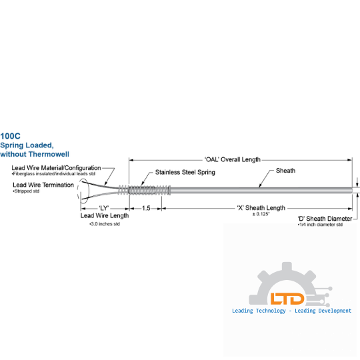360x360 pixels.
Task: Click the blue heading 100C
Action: pyautogui.click(x=10, y=136)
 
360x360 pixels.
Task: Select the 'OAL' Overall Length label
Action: pyautogui.click(x=233, y=159)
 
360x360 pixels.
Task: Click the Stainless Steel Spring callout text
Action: pyautogui.click(x=185, y=172)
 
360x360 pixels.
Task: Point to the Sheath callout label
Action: pyautogui.click(x=285, y=171)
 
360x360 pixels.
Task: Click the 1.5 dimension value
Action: pyautogui.click(x=146, y=208)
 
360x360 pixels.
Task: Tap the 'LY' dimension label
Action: pyautogui.click(x=104, y=208)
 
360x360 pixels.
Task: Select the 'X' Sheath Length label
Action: pyautogui.click(x=261, y=208)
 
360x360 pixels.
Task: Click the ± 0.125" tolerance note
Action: pyautogui.click(x=261, y=214)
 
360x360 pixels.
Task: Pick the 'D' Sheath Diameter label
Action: pyautogui.click(x=325, y=219)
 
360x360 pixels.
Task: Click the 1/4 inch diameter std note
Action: pyautogui.click(x=320, y=225)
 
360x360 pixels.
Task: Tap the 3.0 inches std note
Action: pyautogui.click(x=105, y=224)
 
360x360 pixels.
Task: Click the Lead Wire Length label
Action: pyautogui.click(x=105, y=215)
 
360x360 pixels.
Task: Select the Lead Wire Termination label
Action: pyautogui.click(x=43, y=185)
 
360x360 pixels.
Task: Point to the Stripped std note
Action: pyautogui.click(x=26, y=191)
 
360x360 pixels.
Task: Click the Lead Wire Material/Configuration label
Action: pyautogui.click(x=56, y=168)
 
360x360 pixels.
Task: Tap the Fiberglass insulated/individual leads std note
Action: pyautogui.click(x=53, y=174)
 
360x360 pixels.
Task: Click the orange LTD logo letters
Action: pyautogui.click(x=287, y=299)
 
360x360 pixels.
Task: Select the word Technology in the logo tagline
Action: pyautogui.click(x=271, y=311)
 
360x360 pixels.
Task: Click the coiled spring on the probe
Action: pyautogui.click(x=144, y=190)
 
